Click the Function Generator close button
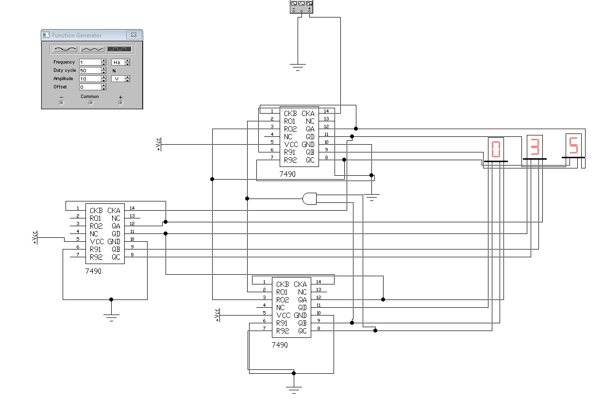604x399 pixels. pos(134,35)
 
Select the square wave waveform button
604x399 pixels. pos(119,49)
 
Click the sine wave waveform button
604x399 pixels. pos(65,49)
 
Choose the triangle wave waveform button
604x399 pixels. pos(92,49)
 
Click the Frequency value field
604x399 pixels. pos(90,62)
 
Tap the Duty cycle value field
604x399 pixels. pos(90,70)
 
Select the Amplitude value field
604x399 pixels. pos(90,79)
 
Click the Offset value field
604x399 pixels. pos(90,87)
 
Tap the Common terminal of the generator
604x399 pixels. pos(91,103)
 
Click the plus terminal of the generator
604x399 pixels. pos(120,103)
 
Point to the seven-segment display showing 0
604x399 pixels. pos(496,150)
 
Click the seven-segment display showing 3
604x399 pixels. pos(535,147)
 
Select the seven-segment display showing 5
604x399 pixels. pos(573,146)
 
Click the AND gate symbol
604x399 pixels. pos(310,199)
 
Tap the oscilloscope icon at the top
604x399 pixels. pos(302,7)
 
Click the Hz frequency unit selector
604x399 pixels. pos(120,62)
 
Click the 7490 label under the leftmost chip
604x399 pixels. pos(93,271)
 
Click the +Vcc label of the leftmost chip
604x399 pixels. pos(34,237)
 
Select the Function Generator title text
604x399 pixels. pos(77,35)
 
